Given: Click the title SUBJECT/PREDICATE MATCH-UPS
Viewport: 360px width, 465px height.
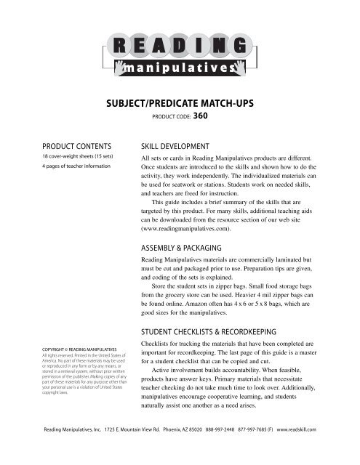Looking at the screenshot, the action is coord(180,107).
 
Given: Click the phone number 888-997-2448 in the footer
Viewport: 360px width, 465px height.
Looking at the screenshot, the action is coord(223,449).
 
